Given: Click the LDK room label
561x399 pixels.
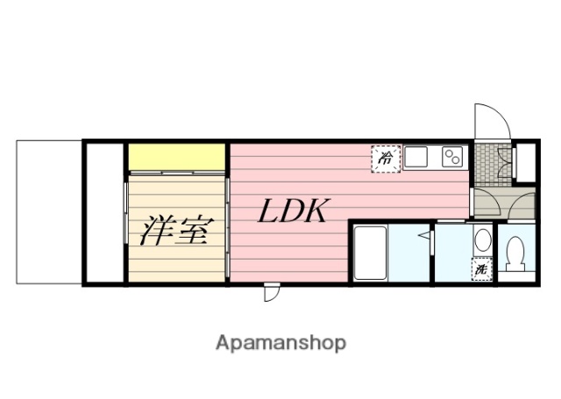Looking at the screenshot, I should pyautogui.click(x=292, y=212).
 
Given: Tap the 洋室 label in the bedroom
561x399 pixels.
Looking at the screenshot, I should pyautogui.click(x=175, y=230).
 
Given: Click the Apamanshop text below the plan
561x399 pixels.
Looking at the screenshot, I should pyautogui.click(x=280, y=342).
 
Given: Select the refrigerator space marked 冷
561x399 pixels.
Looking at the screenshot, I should pyautogui.click(x=385, y=158).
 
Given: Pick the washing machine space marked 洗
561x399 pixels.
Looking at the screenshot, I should pyautogui.click(x=481, y=270).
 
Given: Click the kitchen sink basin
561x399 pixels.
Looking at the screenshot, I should pyautogui.click(x=415, y=157).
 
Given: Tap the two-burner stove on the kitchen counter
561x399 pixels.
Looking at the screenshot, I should pyautogui.click(x=453, y=157).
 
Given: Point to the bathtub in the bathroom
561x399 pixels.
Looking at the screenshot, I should pyautogui.click(x=370, y=253).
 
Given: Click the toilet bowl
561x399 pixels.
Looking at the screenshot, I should pyautogui.click(x=516, y=255).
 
